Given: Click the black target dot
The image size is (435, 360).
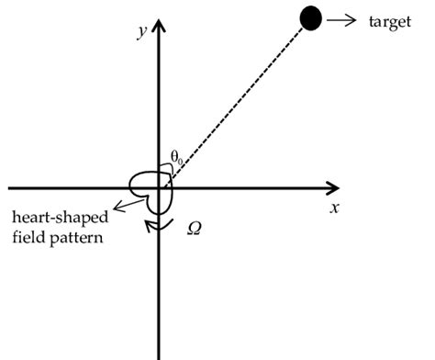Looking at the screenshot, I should tap(312, 18).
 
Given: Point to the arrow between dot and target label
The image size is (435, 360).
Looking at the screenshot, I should tap(340, 18).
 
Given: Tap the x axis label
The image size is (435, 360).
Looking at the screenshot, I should tap(336, 208).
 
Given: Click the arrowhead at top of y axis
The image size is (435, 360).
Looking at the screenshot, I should tap(162, 26).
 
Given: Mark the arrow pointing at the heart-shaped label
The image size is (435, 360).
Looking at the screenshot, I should tap(119, 204).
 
